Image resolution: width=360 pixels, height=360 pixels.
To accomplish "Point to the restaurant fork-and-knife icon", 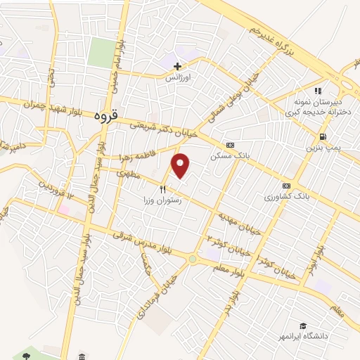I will click(x=163, y=189).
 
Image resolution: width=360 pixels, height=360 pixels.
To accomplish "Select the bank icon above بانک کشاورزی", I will click(x=285, y=186).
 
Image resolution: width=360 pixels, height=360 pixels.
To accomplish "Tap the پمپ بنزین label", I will click(x=322, y=148).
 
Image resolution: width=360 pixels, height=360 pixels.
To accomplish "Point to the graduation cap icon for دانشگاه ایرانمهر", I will click(x=303, y=326).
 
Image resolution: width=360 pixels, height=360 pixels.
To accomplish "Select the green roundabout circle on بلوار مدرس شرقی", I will click(x=192, y=259).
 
